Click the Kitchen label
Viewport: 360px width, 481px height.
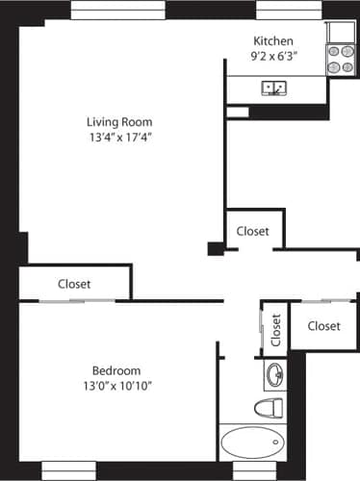tap(272, 40)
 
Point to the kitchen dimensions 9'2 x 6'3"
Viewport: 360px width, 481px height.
tap(272, 56)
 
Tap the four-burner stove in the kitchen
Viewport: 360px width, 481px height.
tap(341, 59)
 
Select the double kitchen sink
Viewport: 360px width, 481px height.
tap(275, 89)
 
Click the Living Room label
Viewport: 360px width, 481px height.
tap(119, 122)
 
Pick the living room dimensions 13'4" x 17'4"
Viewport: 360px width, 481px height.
tap(119, 138)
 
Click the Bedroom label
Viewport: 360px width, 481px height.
tap(116, 370)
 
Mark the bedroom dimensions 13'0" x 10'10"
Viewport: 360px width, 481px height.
tap(116, 386)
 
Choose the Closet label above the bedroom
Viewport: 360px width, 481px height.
tap(74, 284)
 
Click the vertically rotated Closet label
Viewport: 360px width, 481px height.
tap(275, 330)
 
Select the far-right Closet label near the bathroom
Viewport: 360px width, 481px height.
tap(324, 326)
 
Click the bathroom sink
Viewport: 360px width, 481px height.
tap(272, 373)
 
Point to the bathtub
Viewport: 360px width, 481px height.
tap(253, 443)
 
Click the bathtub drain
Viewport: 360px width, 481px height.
tap(276, 443)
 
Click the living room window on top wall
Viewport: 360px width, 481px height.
tap(117, 10)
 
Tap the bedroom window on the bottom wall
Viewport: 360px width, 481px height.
tap(69, 470)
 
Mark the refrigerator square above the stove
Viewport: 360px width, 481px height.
tap(342, 31)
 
